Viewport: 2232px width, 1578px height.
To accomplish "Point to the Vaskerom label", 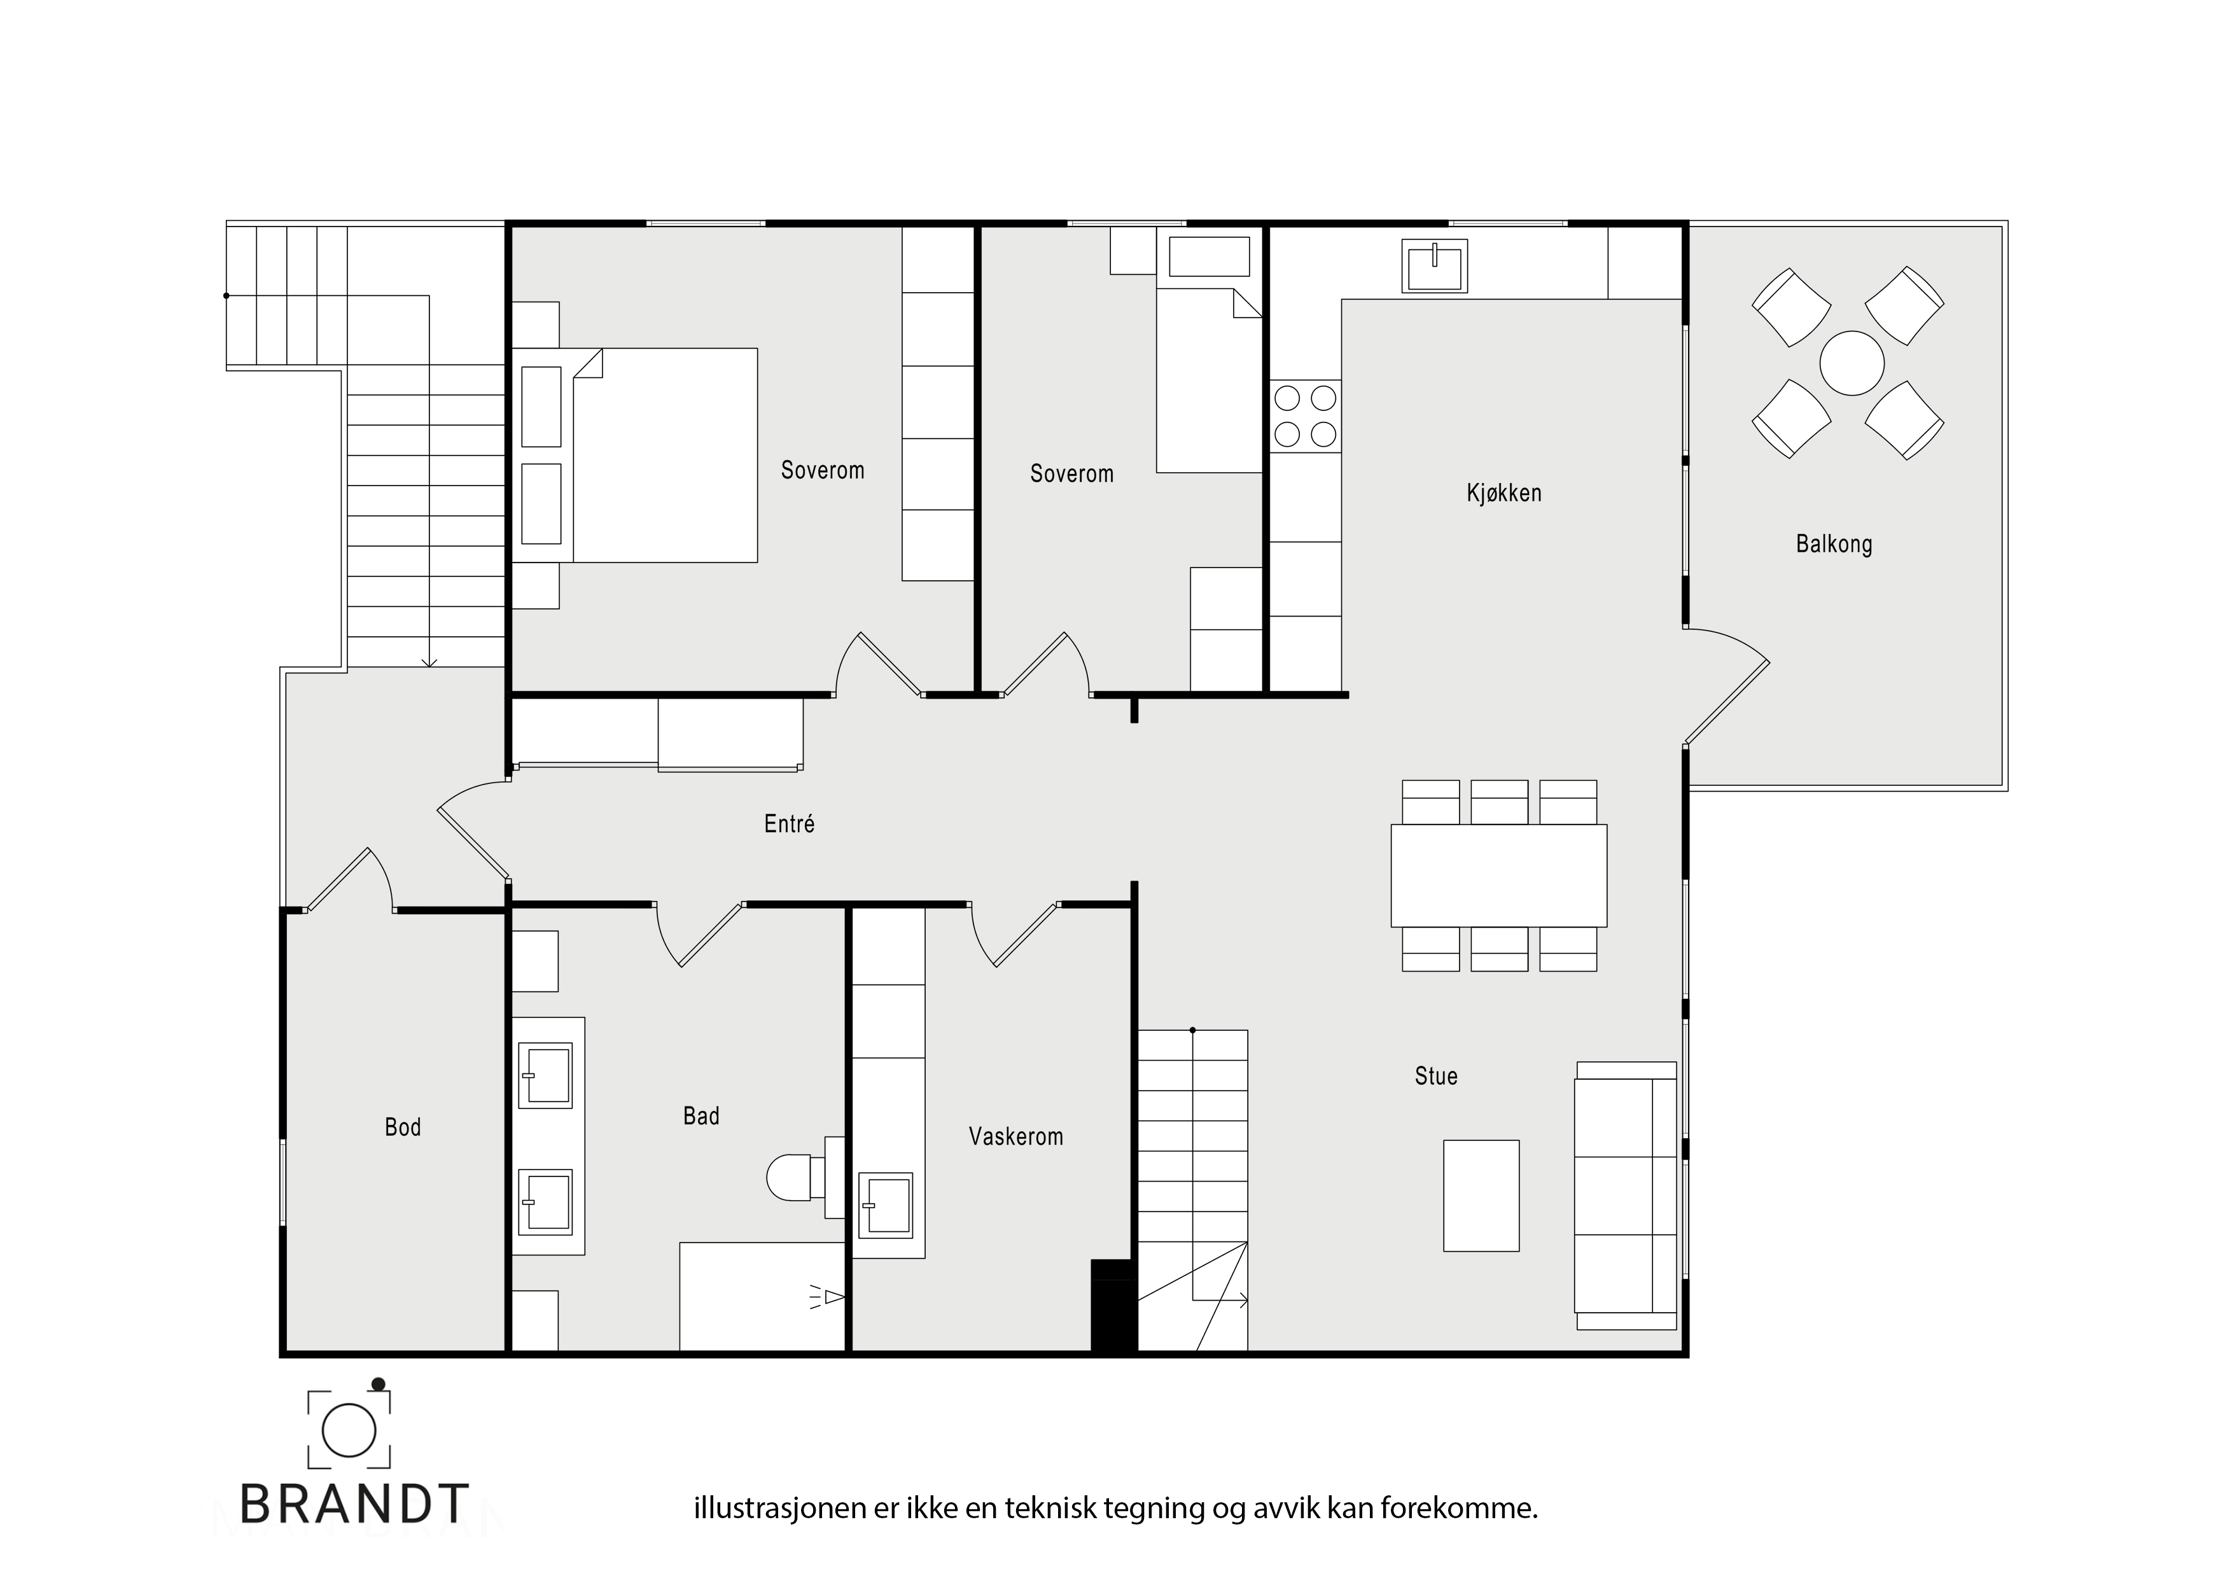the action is pos(1016,1136).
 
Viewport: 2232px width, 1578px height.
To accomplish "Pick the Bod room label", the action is pos(403,1127).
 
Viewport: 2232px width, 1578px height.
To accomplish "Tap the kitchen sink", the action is pos(1434,265).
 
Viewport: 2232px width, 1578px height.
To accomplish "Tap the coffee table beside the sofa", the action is pos(1481,1195).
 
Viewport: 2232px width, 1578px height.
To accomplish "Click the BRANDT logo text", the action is pos(354,1504).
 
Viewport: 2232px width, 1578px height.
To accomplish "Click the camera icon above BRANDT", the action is pos(349,1428).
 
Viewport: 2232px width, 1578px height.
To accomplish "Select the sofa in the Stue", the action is pos(1626,1195).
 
